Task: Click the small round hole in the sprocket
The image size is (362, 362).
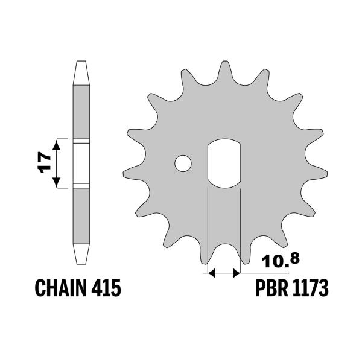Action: (x=183, y=163)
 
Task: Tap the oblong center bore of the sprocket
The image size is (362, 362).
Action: (x=224, y=164)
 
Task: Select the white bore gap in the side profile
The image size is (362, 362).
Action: (x=81, y=163)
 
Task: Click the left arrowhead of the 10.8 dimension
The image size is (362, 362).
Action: (x=211, y=274)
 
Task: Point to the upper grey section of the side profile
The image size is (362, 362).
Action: (x=81, y=112)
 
